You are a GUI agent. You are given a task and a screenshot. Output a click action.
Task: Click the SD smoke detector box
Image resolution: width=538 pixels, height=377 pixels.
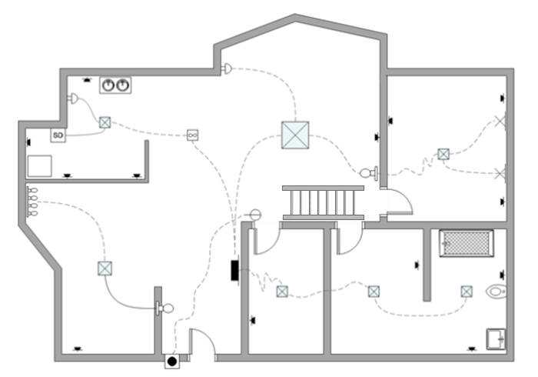coord(58,135)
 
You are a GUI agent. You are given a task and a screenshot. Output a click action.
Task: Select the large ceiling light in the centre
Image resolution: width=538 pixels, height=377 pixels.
coord(294,135)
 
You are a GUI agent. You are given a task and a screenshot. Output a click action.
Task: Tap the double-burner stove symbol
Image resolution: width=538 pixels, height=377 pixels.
coord(115,85)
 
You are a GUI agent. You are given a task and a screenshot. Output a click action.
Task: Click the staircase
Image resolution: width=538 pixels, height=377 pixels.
coord(322,202)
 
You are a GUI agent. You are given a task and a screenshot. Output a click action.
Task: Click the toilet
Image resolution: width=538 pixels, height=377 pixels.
coord(497,292)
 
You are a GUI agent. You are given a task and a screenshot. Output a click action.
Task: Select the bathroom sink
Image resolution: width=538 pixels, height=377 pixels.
coord(496,337)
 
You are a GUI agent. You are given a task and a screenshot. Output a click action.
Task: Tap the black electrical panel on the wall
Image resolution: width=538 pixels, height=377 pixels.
coord(234,271)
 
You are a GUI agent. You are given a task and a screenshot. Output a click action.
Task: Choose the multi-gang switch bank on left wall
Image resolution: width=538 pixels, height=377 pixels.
coord(32,202)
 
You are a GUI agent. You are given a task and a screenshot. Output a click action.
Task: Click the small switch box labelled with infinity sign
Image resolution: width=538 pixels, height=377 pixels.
coord(193,135)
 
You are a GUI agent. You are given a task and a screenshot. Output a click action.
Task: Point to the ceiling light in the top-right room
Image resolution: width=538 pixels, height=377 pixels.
coord(443,154)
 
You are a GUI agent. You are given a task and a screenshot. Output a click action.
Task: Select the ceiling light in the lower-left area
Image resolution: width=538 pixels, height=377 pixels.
coord(105,269)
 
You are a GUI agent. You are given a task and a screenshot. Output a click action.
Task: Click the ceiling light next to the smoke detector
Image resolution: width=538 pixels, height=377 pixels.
coord(105,122)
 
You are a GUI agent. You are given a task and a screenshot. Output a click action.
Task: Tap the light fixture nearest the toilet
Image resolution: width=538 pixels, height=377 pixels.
coord(467,291)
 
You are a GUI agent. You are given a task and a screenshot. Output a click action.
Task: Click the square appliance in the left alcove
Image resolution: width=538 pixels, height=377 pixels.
coord(39,165)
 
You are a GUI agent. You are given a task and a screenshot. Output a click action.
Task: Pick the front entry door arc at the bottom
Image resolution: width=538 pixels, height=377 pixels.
coord(201,342)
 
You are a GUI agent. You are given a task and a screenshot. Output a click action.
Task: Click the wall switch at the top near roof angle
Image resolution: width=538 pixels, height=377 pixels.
coord(226,69)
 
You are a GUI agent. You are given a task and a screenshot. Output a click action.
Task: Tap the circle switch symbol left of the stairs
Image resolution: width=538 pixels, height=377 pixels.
coord(256,213)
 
